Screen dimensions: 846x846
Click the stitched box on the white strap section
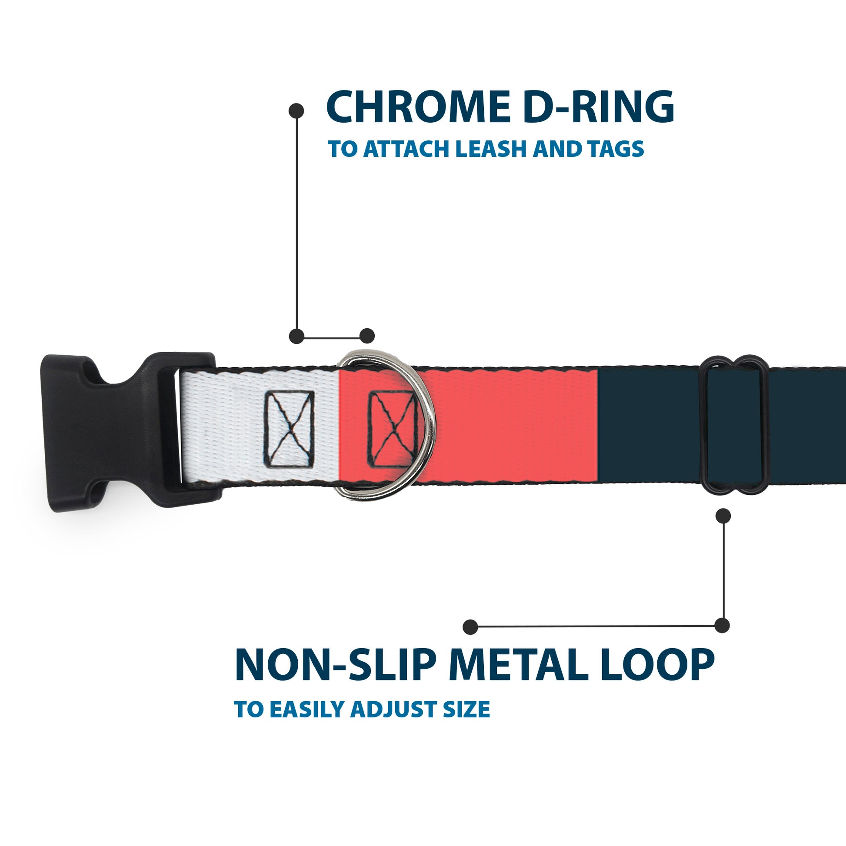[289, 429]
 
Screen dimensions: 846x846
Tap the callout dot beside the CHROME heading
[296, 111]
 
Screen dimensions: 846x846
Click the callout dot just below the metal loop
[723, 516]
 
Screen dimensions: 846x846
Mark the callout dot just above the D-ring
[367, 336]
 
